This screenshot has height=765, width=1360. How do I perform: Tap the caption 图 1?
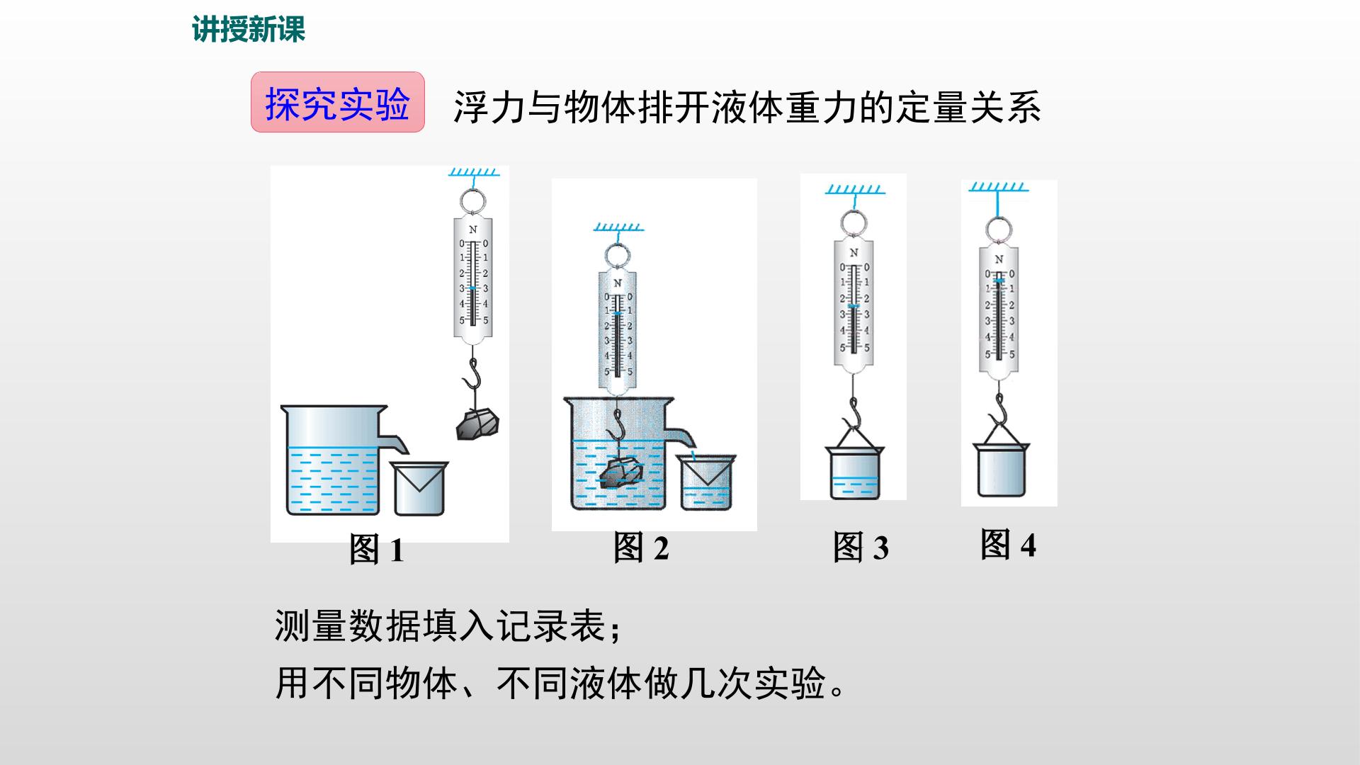[377, 550]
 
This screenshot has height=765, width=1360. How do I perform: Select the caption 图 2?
[641, 548]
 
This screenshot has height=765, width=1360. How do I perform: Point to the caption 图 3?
[861, 548]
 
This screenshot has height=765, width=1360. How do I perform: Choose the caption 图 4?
[1008, 545]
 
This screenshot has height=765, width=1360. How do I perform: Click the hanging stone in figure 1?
[477, 424]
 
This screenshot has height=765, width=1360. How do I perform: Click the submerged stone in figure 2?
[621, 472]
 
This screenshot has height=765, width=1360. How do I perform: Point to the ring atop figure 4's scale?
[999, 229]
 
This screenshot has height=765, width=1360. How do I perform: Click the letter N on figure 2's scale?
[618, 283]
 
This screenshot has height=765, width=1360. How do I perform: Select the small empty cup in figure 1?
[419, 488]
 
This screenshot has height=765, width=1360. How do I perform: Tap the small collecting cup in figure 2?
[706, 482]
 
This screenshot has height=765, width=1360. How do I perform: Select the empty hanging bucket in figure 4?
[1001, 470]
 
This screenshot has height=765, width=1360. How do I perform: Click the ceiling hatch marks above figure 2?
[618, 227]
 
